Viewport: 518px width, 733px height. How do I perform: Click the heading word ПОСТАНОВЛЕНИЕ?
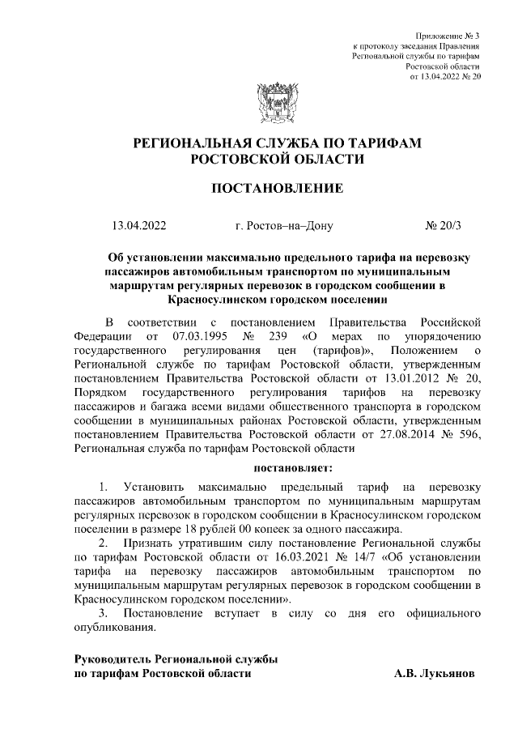pos(277,189)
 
